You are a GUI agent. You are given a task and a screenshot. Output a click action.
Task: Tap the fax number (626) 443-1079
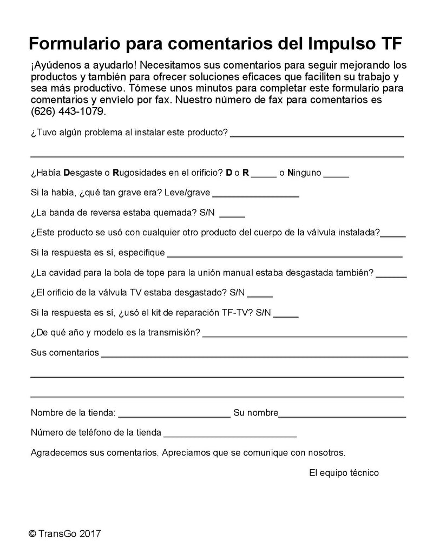click(69, 111)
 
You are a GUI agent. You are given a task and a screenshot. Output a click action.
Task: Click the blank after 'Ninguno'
click(336, 175)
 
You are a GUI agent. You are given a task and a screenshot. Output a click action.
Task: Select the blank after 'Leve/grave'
click(256, 194)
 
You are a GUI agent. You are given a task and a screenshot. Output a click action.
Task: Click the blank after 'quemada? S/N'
click(232, 214)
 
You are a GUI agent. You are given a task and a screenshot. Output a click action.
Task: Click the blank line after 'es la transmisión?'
click(305, 334)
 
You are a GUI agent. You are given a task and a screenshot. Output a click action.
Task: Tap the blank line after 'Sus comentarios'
click(254, 354)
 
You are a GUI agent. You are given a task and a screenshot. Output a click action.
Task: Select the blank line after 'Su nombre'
click(343, 415)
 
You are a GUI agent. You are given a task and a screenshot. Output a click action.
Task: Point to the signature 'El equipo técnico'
click(344, 473)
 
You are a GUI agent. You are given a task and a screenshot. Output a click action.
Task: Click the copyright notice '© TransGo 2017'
click(65, 533)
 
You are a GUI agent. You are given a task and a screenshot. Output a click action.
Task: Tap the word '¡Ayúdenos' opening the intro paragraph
click(54, 65)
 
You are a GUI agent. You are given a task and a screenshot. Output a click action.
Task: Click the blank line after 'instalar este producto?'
click(317, 135)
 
